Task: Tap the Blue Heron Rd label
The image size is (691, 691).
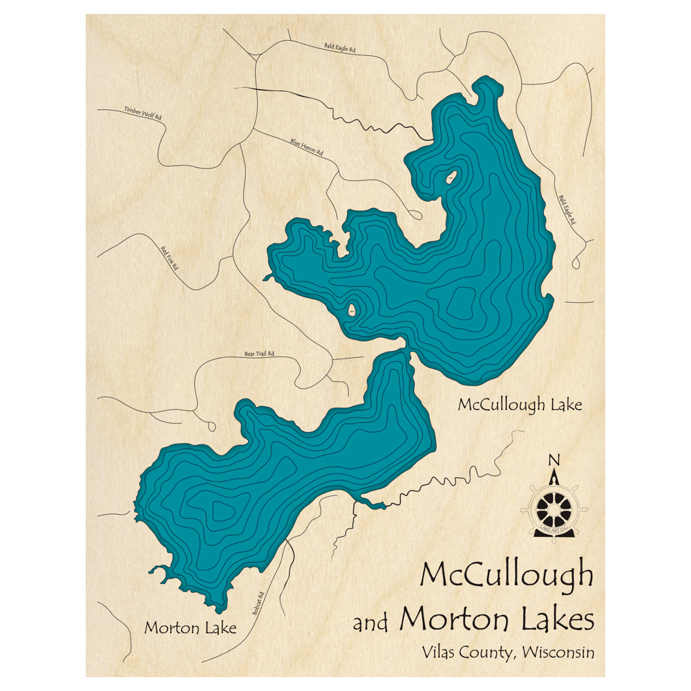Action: (307, 147)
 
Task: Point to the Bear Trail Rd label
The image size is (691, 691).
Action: (260, 354)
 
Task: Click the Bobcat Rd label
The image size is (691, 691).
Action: (258, 603)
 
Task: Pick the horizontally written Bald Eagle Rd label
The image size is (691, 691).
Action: (339, 49)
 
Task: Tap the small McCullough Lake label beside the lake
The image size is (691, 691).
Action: (520, 404)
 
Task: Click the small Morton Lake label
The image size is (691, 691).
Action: (190, 628)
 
